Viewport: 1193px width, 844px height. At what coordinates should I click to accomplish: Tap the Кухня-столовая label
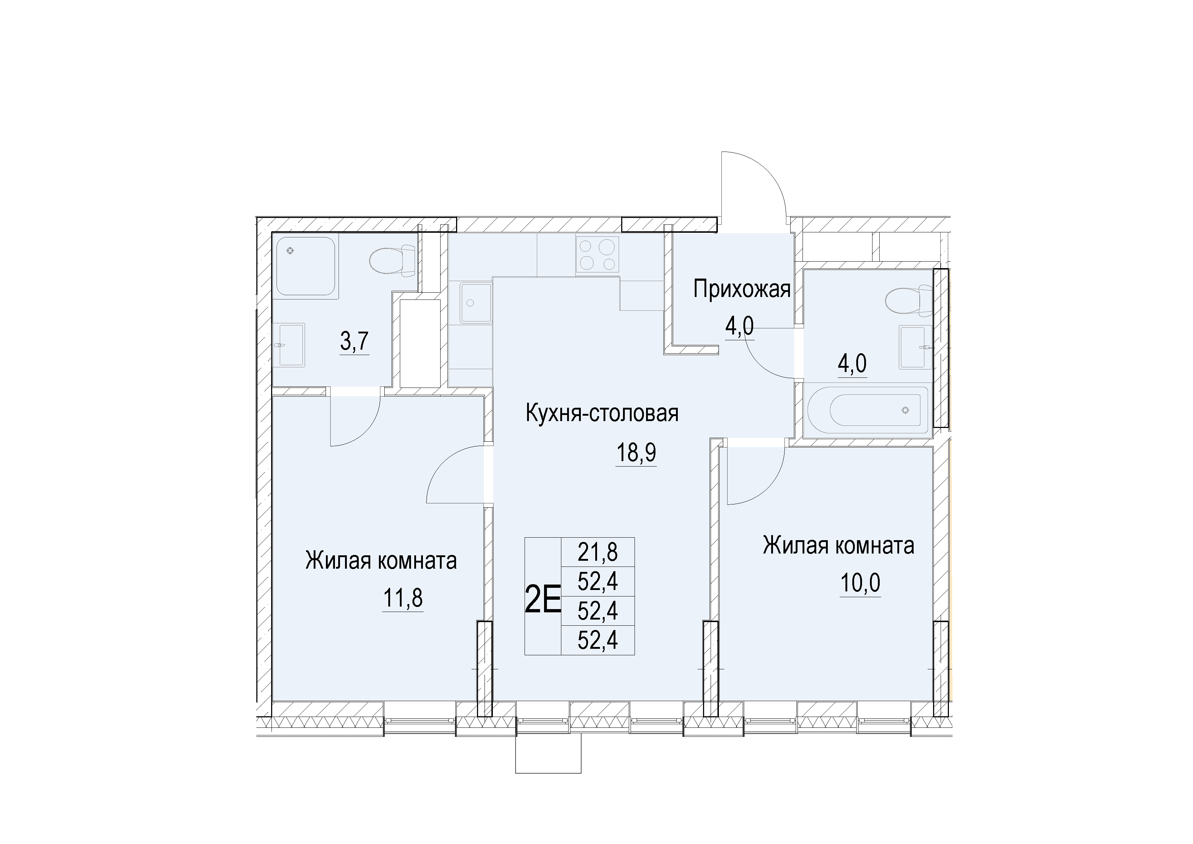point(602,414)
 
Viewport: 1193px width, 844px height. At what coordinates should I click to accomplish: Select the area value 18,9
point(636,453)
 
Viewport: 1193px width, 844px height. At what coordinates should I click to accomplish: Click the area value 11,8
point(403,599)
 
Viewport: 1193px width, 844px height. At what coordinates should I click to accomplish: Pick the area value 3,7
point(354,342)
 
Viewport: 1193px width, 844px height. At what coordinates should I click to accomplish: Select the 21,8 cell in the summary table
point(597,552)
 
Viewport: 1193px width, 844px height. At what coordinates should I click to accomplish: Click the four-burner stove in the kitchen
point(597,254)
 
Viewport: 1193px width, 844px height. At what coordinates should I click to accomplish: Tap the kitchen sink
point(476,303)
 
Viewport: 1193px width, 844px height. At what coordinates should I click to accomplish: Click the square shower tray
point(305,266)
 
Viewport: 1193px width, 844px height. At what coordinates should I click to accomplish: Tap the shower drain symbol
point(290,251)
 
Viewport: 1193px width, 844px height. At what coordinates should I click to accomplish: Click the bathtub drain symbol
point(906,410)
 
